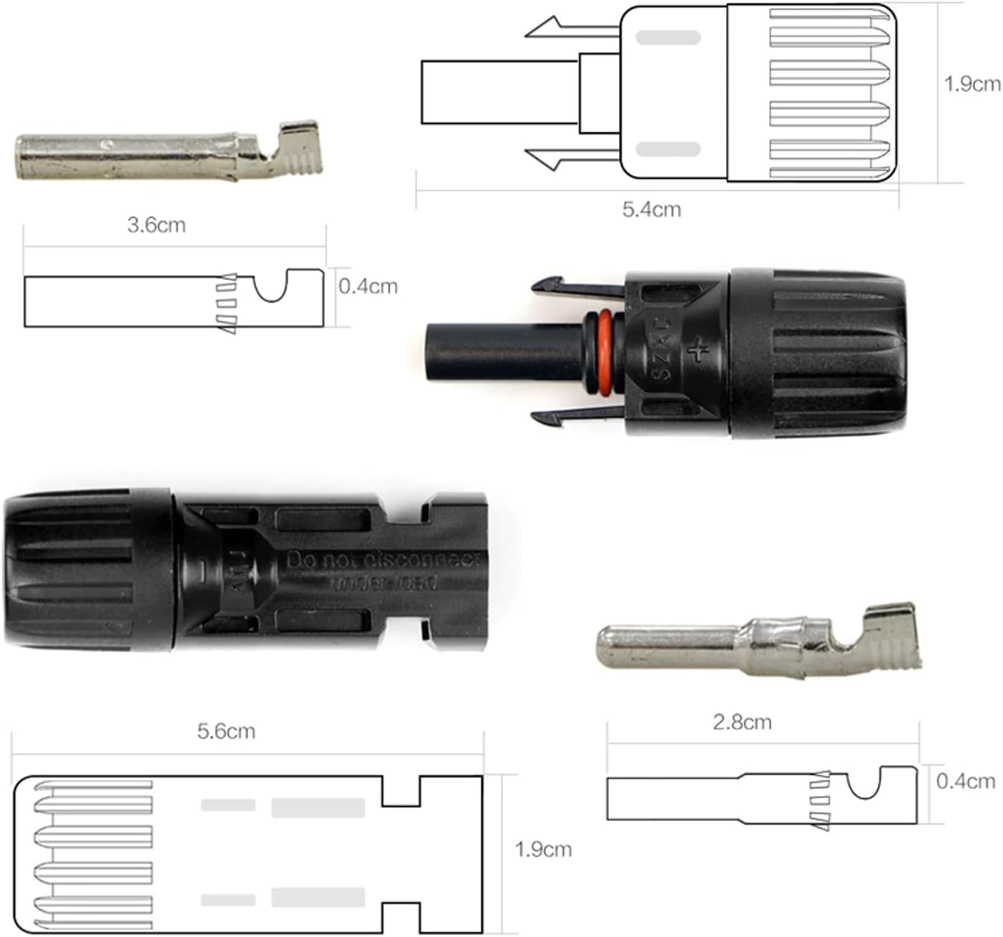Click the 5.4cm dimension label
click(x=651, y=210)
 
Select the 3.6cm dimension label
click(x=156, y=225)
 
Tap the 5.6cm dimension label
click(x=226, y=731)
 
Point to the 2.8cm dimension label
click(x=742, y=722)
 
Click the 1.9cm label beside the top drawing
click(x=972, y=84)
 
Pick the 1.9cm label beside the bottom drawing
click(x=543, y=850)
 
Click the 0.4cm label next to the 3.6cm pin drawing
click(x=368, y=286)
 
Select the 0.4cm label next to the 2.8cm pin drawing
click(x=965, y=781)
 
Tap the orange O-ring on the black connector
click(x=602, y=353)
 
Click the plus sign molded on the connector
click(x=698, y=350)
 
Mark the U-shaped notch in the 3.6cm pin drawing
click(x=271, y=286)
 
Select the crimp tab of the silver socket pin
click(x=297, y=151)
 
